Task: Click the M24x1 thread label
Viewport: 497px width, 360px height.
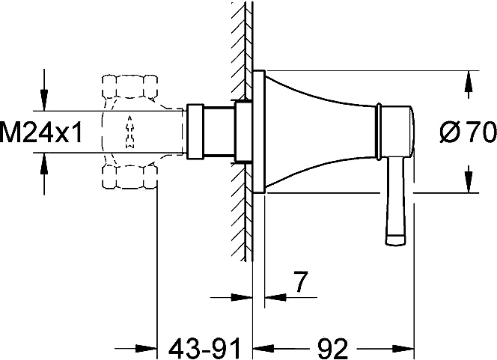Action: click(x=41, y=132)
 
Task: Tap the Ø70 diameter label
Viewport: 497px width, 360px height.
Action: click(x=468, y=132)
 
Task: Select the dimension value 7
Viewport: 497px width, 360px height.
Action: click(x=299, y=281)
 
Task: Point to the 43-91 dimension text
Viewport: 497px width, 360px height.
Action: click(x=205, y=349)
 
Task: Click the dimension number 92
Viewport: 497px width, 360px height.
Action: click(x=332, y=349)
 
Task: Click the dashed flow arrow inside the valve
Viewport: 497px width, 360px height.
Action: click(x=129, y=132)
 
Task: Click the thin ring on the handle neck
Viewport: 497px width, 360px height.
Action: click(x=378, y=132)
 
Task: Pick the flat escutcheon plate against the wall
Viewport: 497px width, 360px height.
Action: click(x=258, y=132)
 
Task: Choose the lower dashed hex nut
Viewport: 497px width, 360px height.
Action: click(x=129, y=177)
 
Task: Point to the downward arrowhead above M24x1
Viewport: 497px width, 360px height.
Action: click(x=44, y=100)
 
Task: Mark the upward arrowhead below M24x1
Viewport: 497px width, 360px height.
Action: click(x=44, y=163)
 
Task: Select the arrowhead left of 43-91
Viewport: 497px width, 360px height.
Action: click(x=147, y=349)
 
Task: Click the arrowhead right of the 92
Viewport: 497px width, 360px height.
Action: click(x=404, y=349)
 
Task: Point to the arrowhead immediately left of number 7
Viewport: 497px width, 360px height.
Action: click(x=242, y=297)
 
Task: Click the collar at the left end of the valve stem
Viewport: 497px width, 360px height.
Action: click(x=195, y=131)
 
